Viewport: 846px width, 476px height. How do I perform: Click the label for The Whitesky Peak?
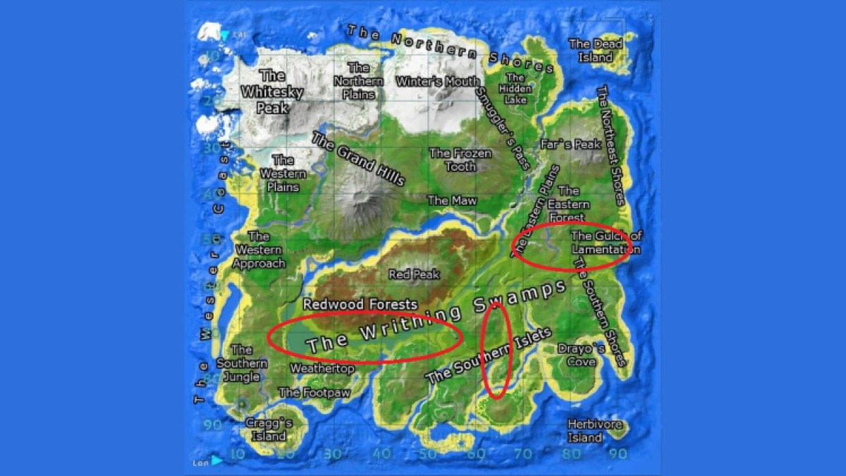coord(271,92)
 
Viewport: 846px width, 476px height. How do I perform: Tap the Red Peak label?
coord(414,274)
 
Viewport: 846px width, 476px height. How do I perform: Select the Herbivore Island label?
coord(585,431)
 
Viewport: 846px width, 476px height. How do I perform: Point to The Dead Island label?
coord(596,51)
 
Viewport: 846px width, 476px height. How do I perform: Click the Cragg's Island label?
coord(269,429)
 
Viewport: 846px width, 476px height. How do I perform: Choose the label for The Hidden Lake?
coord(515,89)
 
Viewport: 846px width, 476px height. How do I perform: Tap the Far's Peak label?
coord(570,145)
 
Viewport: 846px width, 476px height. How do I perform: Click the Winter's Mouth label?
coord(437,82)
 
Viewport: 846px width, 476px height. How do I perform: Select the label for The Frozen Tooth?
coord(460,160)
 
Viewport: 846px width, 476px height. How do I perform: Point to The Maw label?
coord(452,200)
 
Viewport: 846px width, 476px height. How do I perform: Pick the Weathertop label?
coord(322,369)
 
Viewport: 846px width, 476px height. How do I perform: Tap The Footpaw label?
coord(314,393)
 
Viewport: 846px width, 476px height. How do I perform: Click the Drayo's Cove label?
coord(581,355)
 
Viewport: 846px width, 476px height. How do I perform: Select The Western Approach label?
coord(259,250)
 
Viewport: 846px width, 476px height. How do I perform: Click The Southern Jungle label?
coord(242,363)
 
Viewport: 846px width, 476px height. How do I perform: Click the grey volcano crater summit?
coord(360,194)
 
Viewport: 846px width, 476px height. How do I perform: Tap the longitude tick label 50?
coord(427,455)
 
